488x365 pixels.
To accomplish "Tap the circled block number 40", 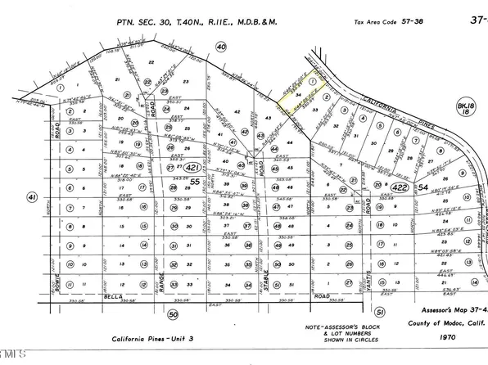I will (x=220, y=48).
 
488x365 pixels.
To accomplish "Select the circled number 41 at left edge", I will (x=33, y=197).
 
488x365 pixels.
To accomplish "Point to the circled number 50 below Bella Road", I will (x=172, y=313).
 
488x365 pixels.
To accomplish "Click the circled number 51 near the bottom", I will (x=379, y=313).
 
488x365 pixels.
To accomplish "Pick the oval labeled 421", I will (x=192, y=168).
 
